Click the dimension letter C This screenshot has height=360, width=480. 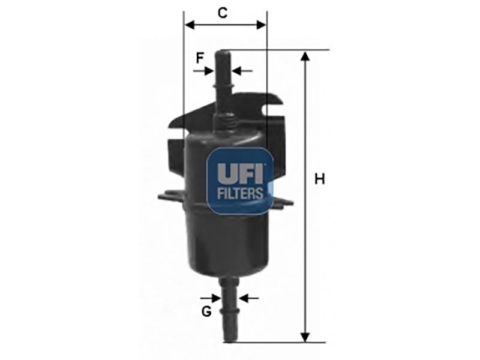[223, 13]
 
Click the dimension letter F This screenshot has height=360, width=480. [200, 58]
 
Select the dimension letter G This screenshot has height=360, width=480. [206, 311]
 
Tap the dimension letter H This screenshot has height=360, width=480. [320, 179]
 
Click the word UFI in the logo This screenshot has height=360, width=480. [240, 173]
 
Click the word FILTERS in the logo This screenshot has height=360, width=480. [240, 193]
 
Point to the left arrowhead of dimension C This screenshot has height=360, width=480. [190, 25]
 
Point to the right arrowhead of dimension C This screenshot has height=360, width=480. [261, 25]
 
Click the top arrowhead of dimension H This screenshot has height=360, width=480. [305, 56]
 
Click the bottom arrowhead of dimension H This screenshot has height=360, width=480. [305, 337]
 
